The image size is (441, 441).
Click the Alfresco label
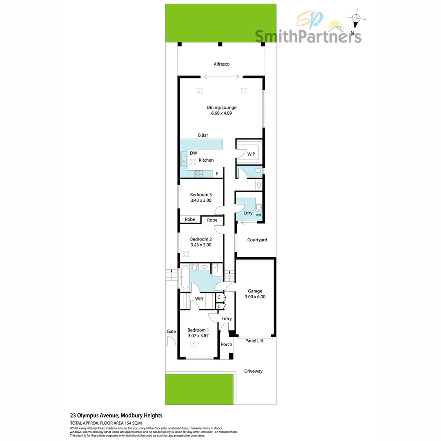point(221,64)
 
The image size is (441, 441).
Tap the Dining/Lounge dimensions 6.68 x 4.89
point(221,113)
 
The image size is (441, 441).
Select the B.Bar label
point(204,135)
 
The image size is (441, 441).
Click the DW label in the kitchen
point(194,153)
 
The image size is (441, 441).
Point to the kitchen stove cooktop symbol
point(198,174)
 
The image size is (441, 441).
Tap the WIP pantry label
point(251,154)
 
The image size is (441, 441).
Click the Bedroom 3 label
point(201,195)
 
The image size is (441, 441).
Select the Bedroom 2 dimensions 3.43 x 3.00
point(201,245)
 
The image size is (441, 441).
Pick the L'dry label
point(248,213)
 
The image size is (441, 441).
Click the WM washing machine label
point(258,215)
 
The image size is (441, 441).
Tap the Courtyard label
point(257,240)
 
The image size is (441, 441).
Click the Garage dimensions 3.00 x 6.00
point(255,297)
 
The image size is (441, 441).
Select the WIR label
point(199,299)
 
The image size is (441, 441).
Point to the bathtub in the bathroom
point(184,278)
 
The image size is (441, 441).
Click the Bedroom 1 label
point(198,330)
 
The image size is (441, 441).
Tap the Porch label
point(227,345)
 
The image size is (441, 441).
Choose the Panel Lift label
point(254,341)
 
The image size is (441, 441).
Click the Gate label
point(171,332)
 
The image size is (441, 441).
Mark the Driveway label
point(253,371)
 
